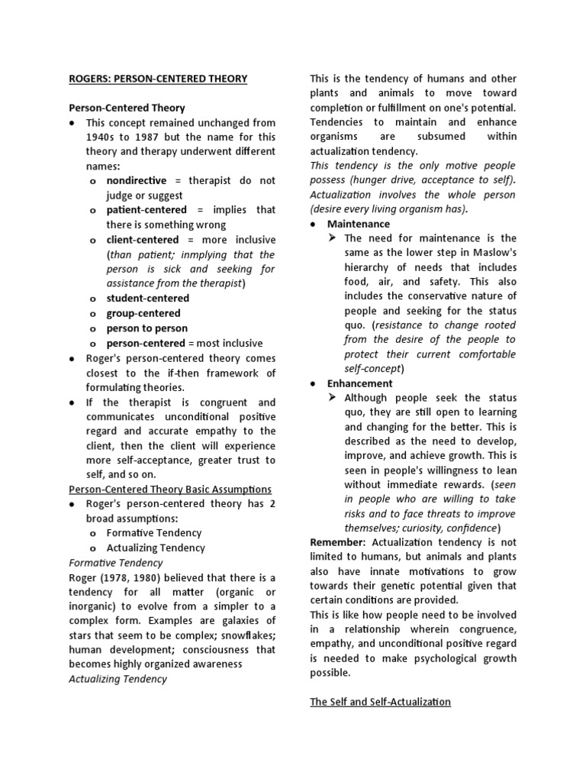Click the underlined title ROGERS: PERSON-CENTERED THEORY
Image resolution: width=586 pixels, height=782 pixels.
158,79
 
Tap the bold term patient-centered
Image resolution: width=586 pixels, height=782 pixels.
146,209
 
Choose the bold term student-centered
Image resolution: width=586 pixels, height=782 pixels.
148,298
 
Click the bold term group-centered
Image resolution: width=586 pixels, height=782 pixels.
143,313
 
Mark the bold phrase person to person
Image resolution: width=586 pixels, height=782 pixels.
143,328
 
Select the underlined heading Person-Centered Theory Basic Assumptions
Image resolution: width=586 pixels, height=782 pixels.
170,489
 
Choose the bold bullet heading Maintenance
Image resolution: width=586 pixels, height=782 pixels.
358,224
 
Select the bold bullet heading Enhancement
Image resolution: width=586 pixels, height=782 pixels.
360,383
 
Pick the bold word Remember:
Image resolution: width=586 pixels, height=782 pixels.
336,541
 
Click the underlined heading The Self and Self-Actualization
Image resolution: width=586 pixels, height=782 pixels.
380,701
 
